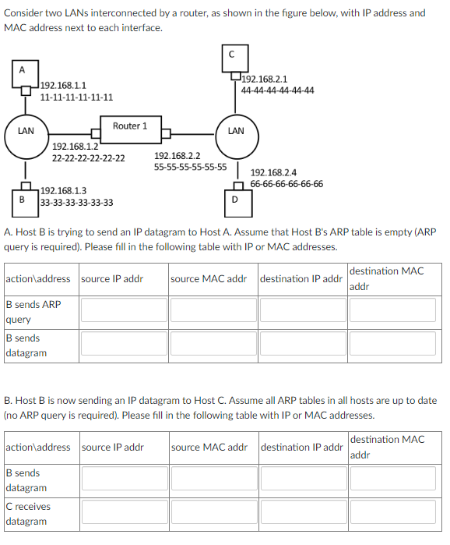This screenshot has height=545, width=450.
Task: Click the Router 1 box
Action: [129, 126]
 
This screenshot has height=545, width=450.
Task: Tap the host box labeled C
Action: [231, 54]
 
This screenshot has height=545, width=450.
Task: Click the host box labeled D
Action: [235, 199]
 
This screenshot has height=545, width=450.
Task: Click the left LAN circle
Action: [26, 131]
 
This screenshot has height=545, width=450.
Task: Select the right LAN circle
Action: [236, 131]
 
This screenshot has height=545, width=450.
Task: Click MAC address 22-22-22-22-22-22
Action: [88, 158]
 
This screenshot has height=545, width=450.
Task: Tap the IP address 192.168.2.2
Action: [177, 156]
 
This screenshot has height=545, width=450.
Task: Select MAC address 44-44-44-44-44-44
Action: [278, 90]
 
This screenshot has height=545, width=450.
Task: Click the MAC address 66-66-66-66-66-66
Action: [287, 184]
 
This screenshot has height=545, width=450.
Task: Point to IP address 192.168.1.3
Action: [63, 190]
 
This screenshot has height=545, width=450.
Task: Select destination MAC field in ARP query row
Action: [392, 310]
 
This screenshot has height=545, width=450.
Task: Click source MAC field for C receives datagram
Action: [212, 513]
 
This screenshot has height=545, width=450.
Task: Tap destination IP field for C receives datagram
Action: [301, 513]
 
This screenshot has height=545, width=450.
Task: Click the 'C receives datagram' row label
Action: [28, 513]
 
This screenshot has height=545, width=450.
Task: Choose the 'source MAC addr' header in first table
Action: [208, 278]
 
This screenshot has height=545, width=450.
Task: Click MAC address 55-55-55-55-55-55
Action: [190, 167]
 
